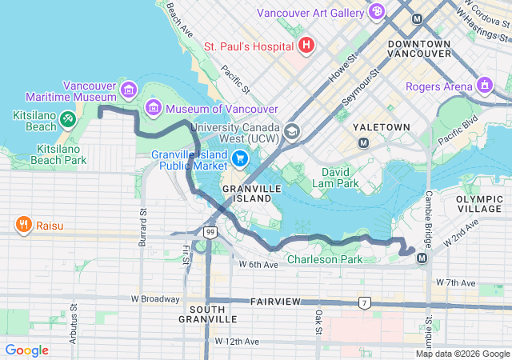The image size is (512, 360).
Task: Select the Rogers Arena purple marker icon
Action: coord(484,85)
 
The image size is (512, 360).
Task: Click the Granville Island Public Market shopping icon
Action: coord(239,158)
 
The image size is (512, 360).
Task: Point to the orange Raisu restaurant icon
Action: coord(25,226)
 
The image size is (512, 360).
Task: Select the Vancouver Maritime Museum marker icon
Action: coord(129,86)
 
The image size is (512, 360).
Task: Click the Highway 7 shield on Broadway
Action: coord(365,302)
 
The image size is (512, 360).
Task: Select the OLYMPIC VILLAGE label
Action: coord(480,203)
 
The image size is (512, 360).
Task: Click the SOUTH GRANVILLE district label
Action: coord(213,314)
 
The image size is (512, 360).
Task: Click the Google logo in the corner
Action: coord(27,350)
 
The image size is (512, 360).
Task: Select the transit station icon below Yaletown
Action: coord(363,142)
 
